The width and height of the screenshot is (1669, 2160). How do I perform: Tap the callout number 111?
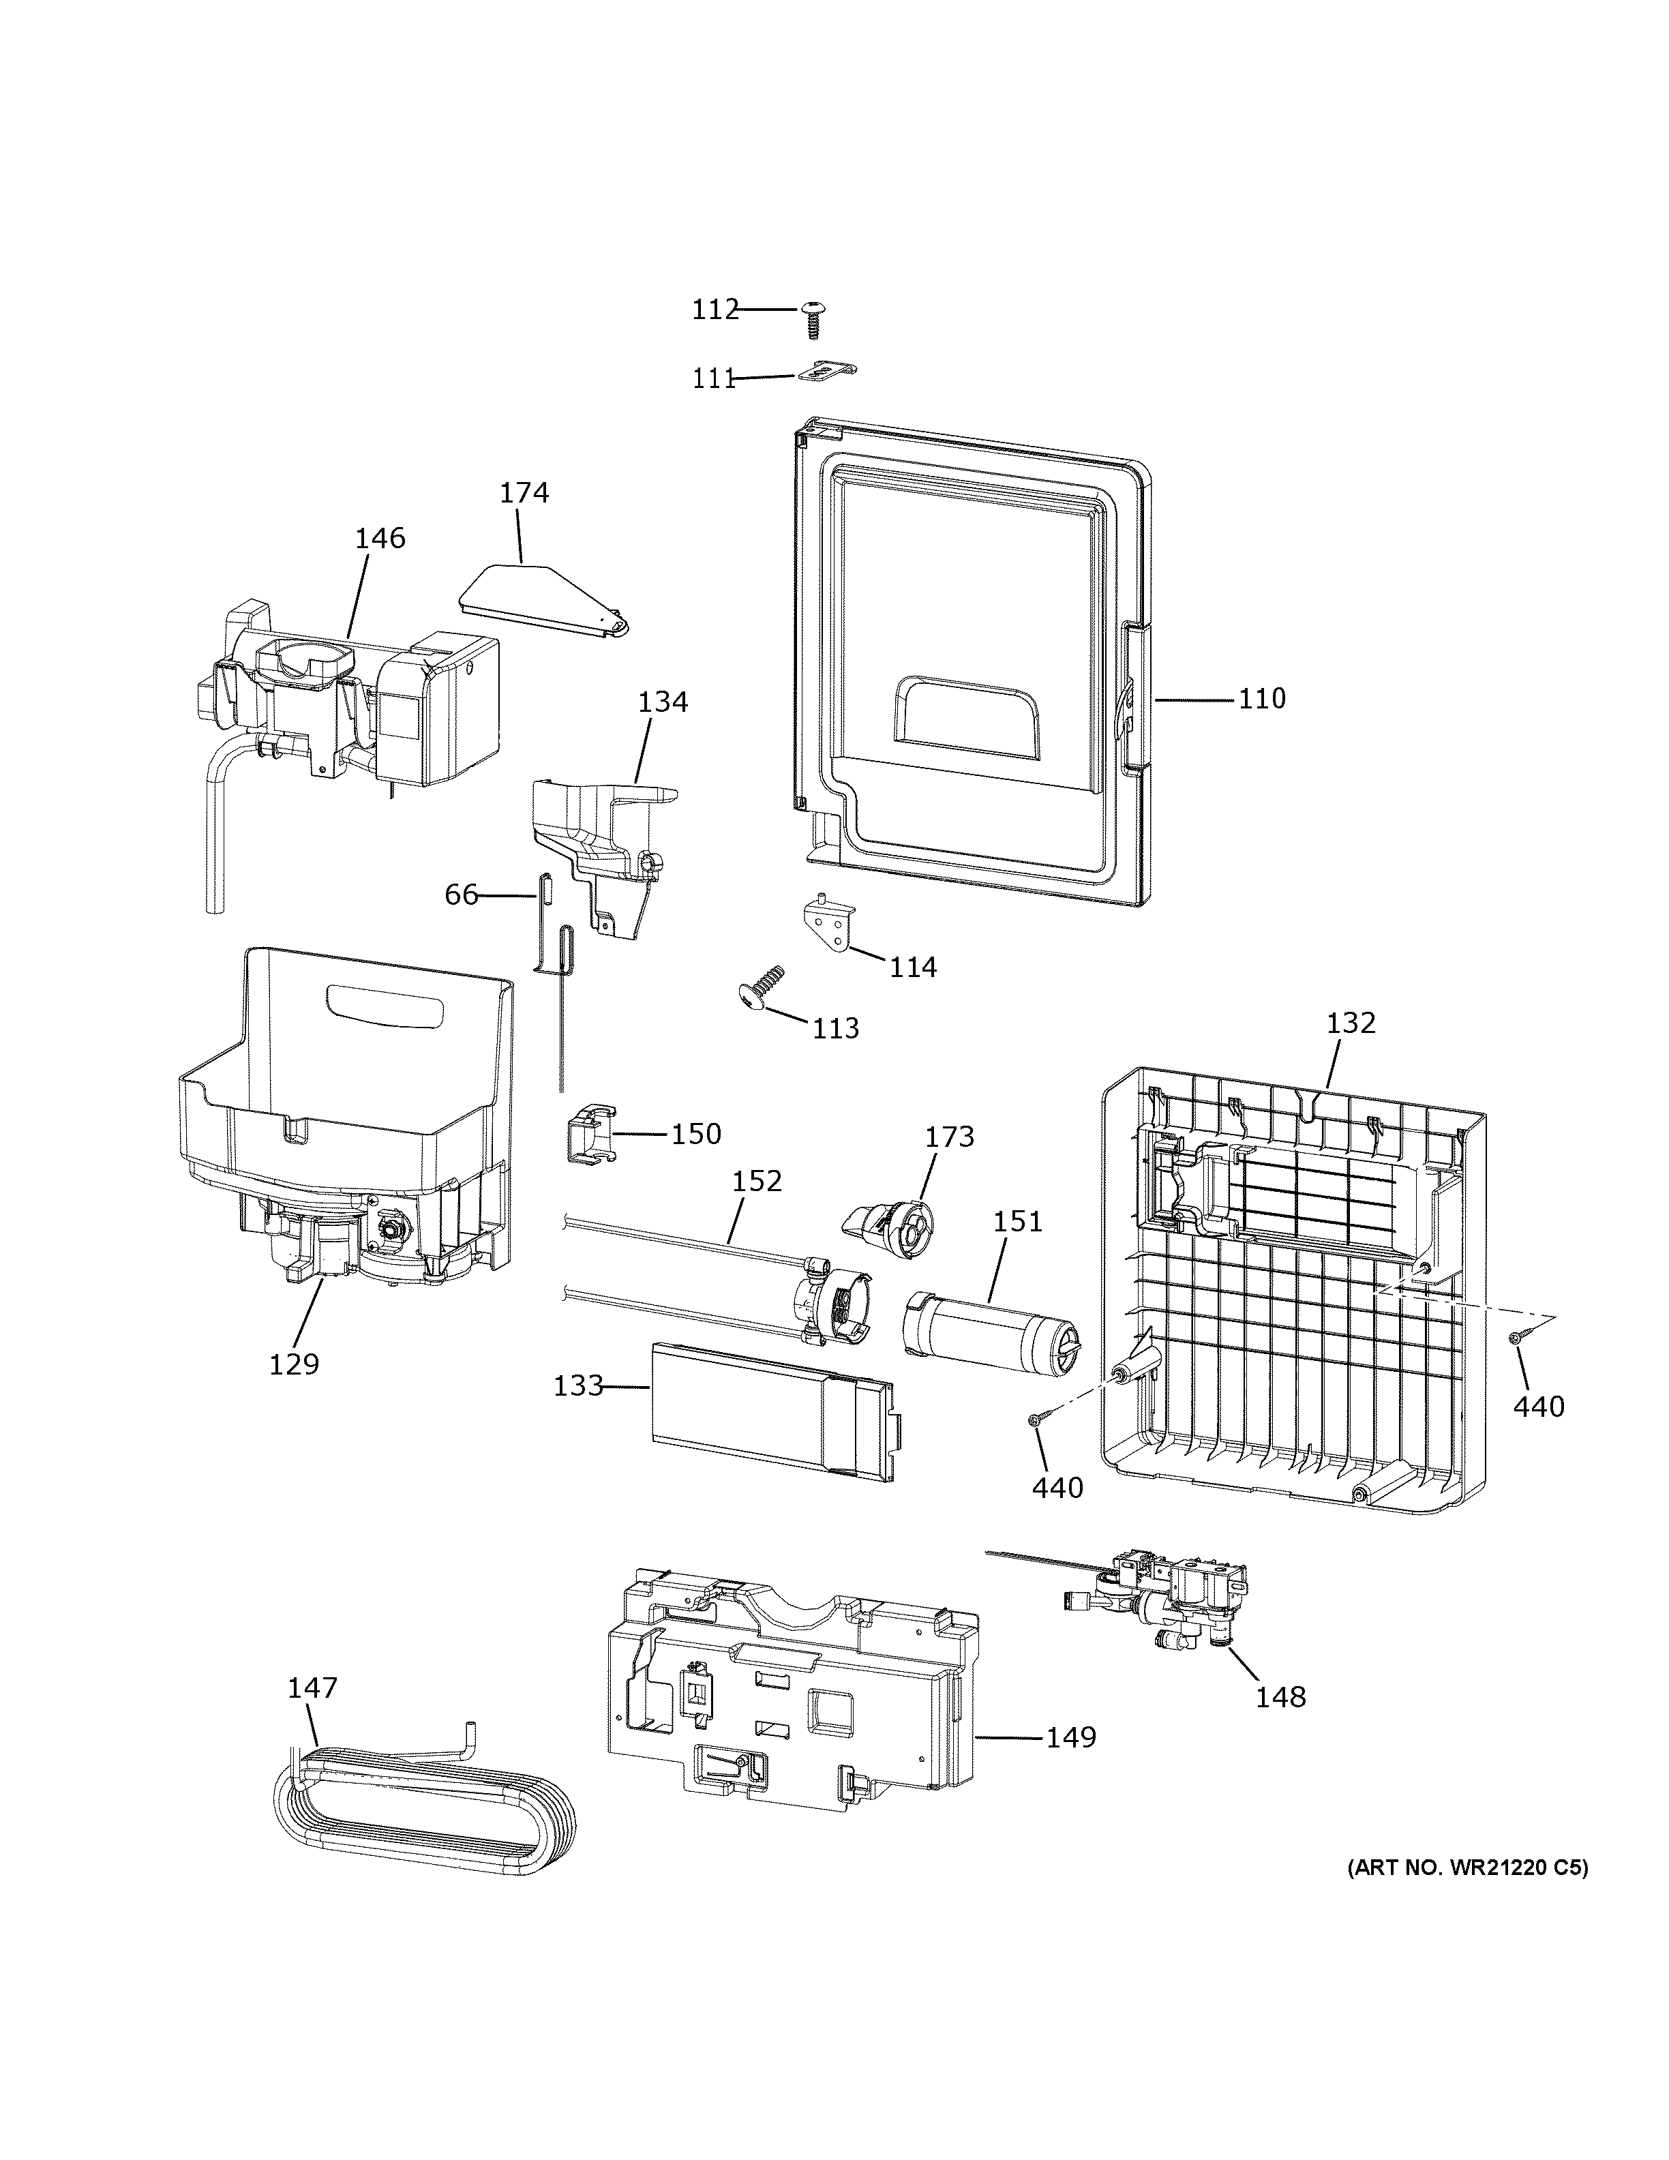click(x=714, y=379)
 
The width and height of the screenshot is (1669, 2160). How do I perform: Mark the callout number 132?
click(x=1351, y=1023)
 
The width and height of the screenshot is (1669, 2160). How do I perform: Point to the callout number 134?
click(x=663, y=702)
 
